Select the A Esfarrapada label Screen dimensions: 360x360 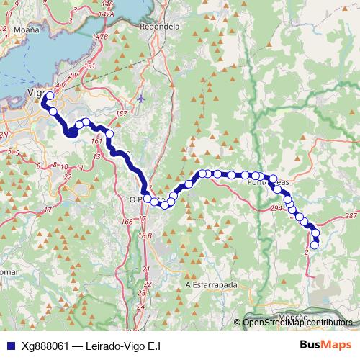click(x=211, y=284)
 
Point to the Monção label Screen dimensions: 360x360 click(x=292, y=317)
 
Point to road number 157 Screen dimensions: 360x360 click(x=121, y=114)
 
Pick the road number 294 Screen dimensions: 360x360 click(x=276, y=207)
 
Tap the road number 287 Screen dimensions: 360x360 click(x=351, y=216)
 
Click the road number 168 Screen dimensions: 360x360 click(x=127, y=222)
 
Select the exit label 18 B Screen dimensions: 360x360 click(x=145, y=235)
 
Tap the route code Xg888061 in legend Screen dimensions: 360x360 click(x=45, y=345)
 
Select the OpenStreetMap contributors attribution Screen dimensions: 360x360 click(x=297, y=322)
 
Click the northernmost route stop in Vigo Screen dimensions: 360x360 click(x=49, y=96)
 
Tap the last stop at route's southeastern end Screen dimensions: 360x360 click(x=314, y=246)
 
